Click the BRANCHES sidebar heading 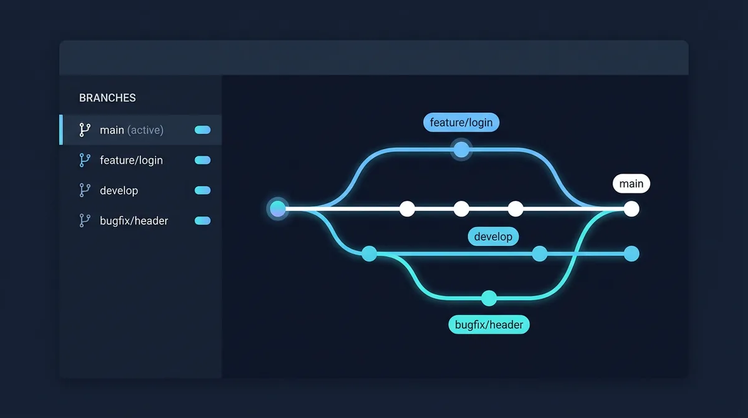tap(107, 98)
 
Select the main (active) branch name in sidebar tap(132, 130)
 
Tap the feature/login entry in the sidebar tap(131, 160)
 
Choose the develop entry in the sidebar tap(118, 190)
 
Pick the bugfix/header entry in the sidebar tap(133, 221)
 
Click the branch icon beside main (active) tap(85, 130)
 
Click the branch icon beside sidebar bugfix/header tap(85, 221)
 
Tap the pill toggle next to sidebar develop tap(203, 190)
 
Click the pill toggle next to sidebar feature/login tap(203, 160)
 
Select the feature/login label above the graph tap(461, 122)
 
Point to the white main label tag tap(631, 184)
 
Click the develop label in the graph tap(493, 236)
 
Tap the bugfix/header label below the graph tap(489, 324)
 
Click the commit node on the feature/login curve tap(461, 150)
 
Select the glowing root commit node tap(278, 208)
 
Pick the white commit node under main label tap(631, 208)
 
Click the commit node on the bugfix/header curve tap(489, 298)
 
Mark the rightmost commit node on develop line tap(631, 254)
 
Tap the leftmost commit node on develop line tap(370, 254)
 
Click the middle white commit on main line tap(461, 208)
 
